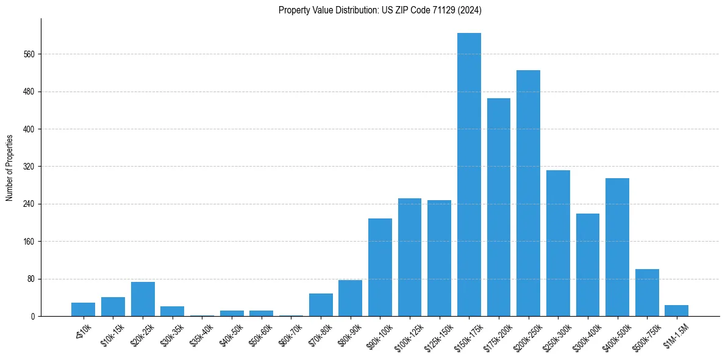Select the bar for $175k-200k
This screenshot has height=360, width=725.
499,207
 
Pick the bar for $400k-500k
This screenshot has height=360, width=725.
617,247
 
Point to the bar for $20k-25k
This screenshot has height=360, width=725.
143,299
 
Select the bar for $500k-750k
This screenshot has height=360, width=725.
647,293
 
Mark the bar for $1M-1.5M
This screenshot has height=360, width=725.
676,311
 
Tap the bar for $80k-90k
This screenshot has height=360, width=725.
350,298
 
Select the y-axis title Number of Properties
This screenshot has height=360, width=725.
10,167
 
